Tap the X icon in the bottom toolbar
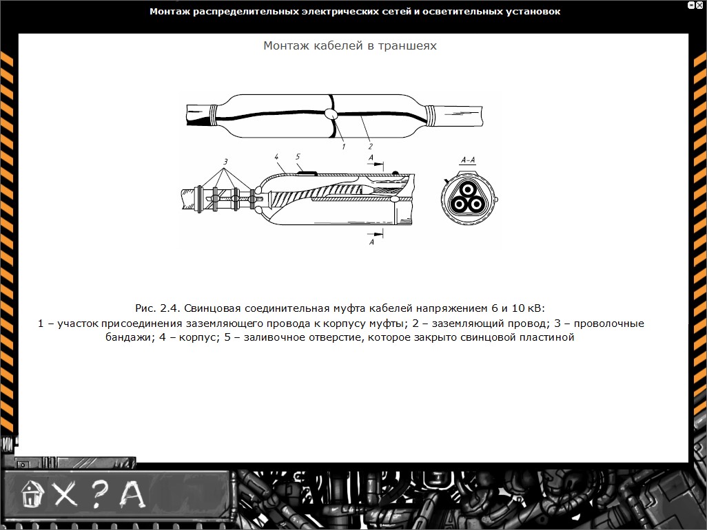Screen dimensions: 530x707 (x=65, y=494)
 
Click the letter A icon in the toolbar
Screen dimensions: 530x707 (x=133, y=493)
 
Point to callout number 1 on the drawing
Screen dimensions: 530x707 (x=342, y=146)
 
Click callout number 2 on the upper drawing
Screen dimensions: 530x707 (x=370, y=146)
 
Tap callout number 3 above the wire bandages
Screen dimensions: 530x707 (x=225, y=161)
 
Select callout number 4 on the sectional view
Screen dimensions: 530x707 (x=276, y=158)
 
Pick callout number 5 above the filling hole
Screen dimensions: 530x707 (x=298, y=157)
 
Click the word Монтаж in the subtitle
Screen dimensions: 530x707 (x=285, y=45)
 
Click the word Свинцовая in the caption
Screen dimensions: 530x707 (x=210, y=307)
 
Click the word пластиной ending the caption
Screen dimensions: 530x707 (x=548, y=338)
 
